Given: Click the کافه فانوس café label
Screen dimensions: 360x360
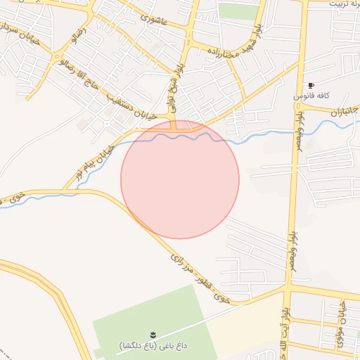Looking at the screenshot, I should pyautogui.click(x=309, y=94).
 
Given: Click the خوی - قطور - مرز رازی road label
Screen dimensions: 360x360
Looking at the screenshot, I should pyautogui.click(x=200, y=278).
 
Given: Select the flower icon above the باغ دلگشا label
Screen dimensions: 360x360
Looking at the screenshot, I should pyautogui.click(x=153, y=333).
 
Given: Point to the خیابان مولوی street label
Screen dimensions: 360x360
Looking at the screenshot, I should pyautogui.click(x=344, y=321).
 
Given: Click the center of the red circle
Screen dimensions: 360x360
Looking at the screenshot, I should pyautogui.click(x=180, y=179).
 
